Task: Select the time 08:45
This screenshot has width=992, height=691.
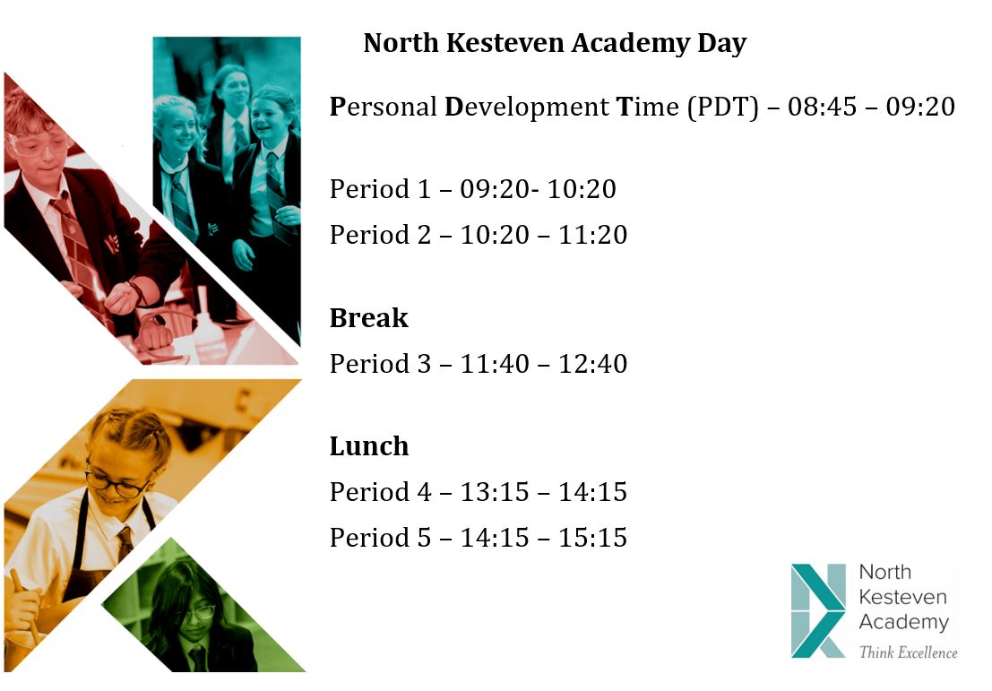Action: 822,107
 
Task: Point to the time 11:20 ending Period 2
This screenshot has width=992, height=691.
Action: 593,235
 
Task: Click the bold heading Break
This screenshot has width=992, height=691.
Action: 369,317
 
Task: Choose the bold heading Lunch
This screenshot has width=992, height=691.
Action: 369,446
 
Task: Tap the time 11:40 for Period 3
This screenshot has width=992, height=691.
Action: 494,364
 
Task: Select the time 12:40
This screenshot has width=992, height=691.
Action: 593,364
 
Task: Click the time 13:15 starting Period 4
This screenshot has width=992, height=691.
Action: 494,492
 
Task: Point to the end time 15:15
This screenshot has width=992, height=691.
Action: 593,538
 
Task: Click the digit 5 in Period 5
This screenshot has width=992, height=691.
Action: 424,538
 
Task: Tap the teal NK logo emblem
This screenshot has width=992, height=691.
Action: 818,610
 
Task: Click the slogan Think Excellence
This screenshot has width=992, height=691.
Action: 908,652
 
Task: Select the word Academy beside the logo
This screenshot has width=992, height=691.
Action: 903,622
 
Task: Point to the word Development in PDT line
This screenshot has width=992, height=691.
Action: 527,107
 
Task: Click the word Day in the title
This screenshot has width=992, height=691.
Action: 722,43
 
